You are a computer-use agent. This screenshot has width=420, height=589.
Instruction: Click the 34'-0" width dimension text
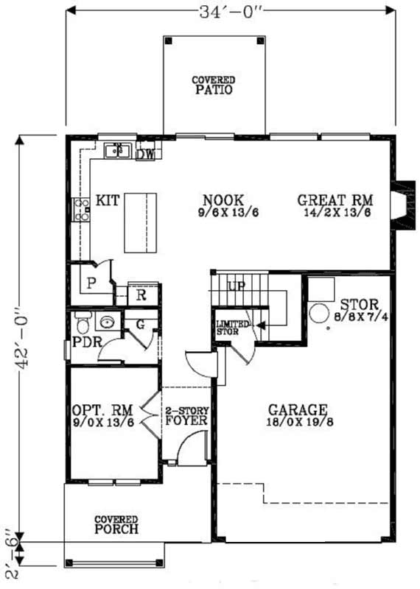click(x=231, y=13)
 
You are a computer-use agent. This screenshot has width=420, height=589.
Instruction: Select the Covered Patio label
click(x=214, y=85)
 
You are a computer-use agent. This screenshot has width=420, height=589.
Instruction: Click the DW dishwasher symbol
click(x=145, y=155)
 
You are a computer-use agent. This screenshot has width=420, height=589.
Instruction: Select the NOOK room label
click(x=223, y=200)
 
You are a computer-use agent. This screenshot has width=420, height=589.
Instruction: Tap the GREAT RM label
click(x=335, y=200)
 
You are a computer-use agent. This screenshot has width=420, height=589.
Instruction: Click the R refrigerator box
click(x=141, y=295)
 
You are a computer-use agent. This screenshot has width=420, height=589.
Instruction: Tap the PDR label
click(x=86, y=344)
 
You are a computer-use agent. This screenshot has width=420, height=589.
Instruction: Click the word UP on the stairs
click(x=237, y=286)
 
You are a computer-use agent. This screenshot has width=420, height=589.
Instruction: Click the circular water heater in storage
click(x=320, y=313)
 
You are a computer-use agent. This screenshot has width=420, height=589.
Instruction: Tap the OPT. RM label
click(x=102, y=410)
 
